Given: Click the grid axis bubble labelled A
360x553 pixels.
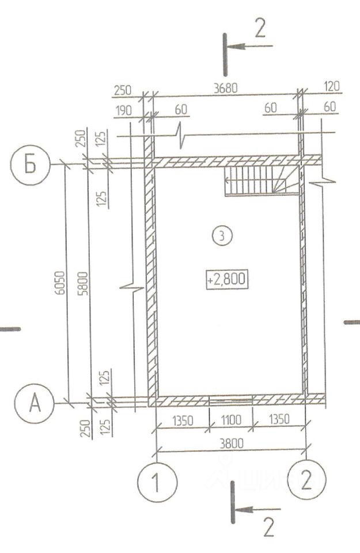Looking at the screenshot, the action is (x=35, y=403).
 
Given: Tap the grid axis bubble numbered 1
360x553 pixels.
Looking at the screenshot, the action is (x=157, y=482).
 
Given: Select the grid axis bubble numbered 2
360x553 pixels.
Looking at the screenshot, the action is (x=306, y=479).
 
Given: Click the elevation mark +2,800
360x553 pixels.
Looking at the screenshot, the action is (x=227, y=279).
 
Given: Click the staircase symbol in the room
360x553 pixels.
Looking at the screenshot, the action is (x=262, y=180).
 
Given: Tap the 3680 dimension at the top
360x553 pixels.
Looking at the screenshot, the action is (x=226, y=88).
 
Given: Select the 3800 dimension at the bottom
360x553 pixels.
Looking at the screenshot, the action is (x=232, y=443).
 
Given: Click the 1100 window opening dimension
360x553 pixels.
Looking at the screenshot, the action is (x=231, y=420).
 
